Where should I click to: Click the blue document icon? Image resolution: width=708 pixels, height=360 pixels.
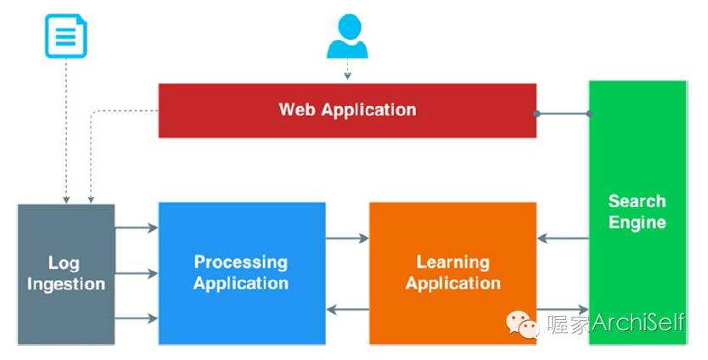[65, 37]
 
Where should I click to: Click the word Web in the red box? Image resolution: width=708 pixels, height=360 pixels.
[297, 110]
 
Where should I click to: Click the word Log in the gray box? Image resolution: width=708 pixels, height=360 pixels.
[65, 262]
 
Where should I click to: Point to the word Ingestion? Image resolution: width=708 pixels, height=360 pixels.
[65, 284]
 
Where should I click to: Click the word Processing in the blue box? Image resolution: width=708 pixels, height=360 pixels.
[241, 262]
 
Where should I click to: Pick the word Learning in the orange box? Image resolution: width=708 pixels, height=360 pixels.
[452, 262]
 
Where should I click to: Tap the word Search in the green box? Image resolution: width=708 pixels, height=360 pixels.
[637, 201]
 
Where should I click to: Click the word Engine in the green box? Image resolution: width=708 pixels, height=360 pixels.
[637, 222]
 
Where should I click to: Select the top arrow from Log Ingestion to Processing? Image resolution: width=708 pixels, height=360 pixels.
[136, 228]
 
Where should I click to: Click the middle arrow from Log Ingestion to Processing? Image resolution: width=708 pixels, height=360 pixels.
[136, 273]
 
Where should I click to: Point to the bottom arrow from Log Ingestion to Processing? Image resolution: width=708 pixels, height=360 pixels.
[136, 318]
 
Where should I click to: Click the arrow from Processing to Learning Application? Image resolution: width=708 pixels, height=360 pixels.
[347, 239]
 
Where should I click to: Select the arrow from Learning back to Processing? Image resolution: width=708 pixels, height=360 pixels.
[347, 310]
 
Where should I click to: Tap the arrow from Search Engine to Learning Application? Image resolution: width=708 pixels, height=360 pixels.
[563, 239]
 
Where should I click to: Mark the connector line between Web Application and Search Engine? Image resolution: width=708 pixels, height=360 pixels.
[563, 113]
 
